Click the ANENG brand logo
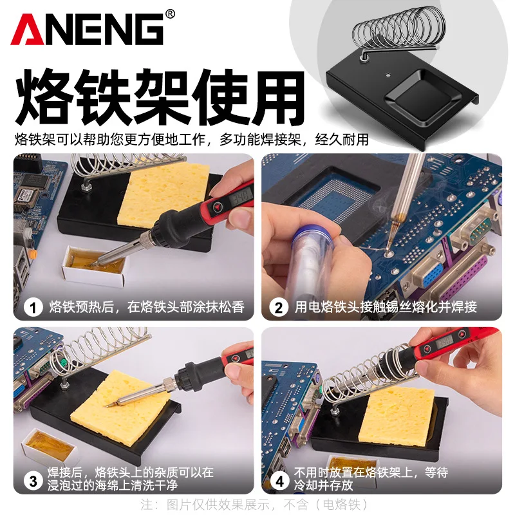pyautogui.click(x=87, y=29)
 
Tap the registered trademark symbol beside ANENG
pyautogui.click(x=170, y=14)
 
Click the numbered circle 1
pyautogui.click(x=33, y=307)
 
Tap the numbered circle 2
pyautogui.click(x=278, y=307)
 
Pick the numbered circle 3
pyautogui.click(x=33, y=480)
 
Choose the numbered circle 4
pyautogui.click(x=278, y=480)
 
